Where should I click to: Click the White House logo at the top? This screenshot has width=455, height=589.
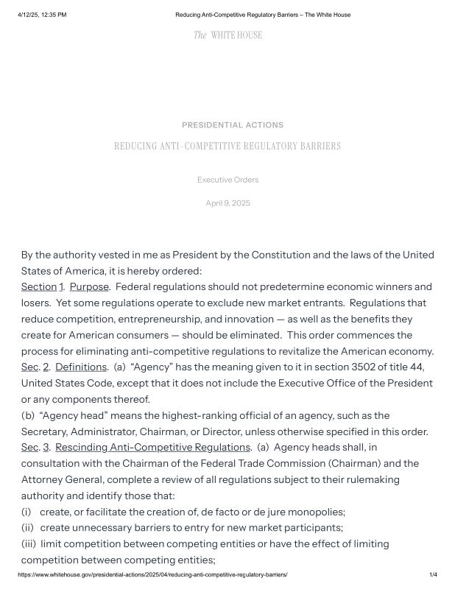pyautogui.click(x=227, y=35)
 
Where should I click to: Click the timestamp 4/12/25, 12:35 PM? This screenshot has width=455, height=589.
pyautogui.click(x=42, y=15)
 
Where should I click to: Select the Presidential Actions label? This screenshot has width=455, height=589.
pyautogui.click(x=232, y=125)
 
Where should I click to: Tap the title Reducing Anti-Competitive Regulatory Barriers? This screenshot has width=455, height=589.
pyautogui.click(x=227, y=147)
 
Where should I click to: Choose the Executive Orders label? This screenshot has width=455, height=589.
pyautogui.click(x=227, y=180)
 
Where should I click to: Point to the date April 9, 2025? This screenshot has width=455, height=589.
pyautogui.click(x=227, y=203)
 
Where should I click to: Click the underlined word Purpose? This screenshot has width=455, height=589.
pyautogui.click(x=89, y=286)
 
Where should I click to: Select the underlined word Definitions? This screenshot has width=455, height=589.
pyautogui.click(x=81, y=367)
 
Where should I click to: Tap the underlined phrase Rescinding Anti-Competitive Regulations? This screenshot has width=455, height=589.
pyautogui.click(x=152, y=447)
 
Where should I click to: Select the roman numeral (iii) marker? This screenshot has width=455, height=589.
pyautogui.click(x=29, y=544)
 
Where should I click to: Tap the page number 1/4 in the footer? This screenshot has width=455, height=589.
pyautogui.click(x=433, y=574)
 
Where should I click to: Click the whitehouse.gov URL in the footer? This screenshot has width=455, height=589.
pyautogui.click(x=152, y=574)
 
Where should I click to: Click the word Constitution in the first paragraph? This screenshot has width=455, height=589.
pyautogui.click(x=282, y=255)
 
